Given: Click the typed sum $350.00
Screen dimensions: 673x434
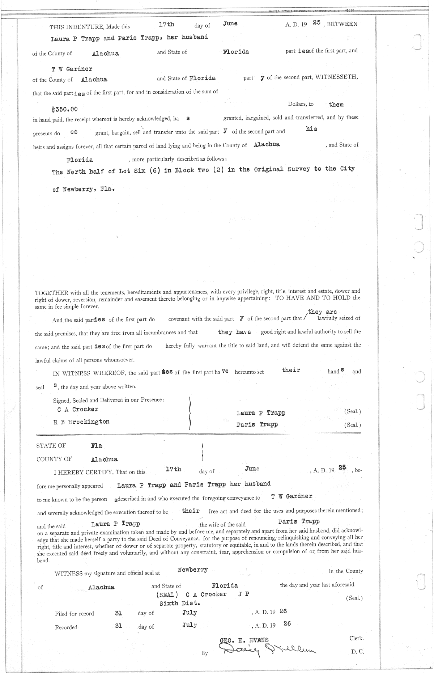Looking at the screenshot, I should [x=65, y=109].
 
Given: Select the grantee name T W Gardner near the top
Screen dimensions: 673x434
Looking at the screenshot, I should [x=72, y=69].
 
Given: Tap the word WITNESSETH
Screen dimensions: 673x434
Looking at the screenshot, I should [x=337, y=77].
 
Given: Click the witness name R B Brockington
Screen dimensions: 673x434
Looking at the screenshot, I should [x=81, y=422].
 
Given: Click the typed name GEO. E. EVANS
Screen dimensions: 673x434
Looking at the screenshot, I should [x=244, y=640].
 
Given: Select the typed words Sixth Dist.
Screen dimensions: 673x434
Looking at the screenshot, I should [x=180, y=603].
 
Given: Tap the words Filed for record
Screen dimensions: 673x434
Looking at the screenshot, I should [x=75, y=614].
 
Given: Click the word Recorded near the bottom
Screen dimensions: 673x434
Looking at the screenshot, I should [x=66, y=627].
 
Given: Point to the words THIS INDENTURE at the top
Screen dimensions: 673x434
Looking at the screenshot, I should [x=75, y=26].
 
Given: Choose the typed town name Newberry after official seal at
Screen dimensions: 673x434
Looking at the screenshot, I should [x=193, y=570].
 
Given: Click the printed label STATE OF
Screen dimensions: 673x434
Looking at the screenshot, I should [x=51, y=446].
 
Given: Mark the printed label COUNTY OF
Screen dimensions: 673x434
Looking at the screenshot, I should [x=54, y=459].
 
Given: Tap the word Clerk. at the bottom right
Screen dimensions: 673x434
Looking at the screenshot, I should [x=356, y=639].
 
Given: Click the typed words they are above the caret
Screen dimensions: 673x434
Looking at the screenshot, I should [x=322, y=312].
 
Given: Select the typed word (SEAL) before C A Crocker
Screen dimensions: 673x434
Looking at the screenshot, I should [x=167, y=594].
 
